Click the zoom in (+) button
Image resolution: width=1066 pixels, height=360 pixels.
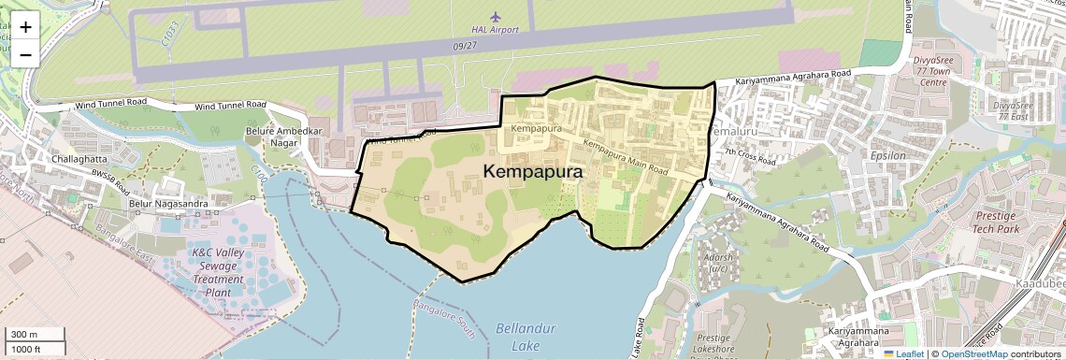[25, 26]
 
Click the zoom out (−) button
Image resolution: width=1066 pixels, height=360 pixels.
[25, 54]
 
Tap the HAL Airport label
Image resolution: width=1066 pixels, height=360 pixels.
[495, 30]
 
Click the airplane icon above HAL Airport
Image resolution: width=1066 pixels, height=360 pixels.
[496, 16]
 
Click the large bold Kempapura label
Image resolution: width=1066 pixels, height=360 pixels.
[533, 172]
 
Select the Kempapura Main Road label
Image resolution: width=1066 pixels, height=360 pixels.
[625, 157]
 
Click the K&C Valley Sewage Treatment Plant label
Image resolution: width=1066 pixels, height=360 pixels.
[217, 272]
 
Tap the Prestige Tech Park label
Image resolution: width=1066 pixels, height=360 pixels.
[995, 222]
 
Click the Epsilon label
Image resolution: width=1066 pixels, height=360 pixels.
[887, 155]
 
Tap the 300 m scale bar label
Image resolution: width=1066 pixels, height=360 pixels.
[24, 335]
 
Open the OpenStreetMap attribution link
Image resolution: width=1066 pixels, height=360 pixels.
[973, 353]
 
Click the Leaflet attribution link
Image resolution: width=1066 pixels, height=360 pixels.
[906, 353]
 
